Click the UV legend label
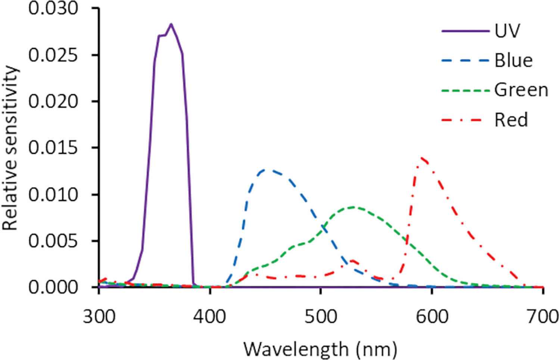pos(507,31)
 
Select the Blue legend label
pos(513,60)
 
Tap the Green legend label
pos(521,90)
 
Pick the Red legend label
pos(511,120)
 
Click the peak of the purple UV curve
pos(171,24)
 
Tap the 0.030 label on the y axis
pos(53,8)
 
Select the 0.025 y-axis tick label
pos(53,55)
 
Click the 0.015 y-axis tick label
pos(53,148)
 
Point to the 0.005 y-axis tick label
pos(53,241)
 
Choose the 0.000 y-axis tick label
pos(53,287)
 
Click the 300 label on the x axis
pos(99,317)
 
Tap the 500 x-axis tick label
pos(321,317)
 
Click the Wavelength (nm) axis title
pos(320,349)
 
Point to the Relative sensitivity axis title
pos(10,148)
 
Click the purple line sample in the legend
pos(465,31)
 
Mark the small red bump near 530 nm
pos(352,261)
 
